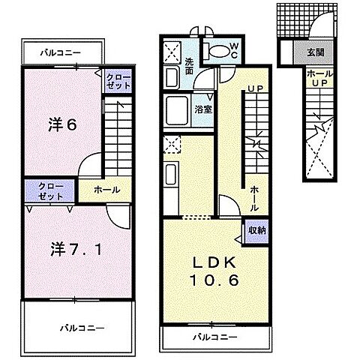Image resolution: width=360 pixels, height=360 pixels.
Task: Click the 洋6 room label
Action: coord(62,125)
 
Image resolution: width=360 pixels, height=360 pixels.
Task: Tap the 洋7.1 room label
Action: coord(76,249)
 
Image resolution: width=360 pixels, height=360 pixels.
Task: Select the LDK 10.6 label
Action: coord(214,271)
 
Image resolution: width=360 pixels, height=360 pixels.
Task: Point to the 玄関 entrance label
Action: coord(316,52)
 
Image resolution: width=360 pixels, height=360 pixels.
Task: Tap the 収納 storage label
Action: coord(256,230)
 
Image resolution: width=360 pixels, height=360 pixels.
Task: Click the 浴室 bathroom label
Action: coord(203,109)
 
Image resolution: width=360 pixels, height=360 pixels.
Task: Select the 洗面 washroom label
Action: coord(189,66)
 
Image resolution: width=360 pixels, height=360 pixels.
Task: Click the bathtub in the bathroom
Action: coord(177,110)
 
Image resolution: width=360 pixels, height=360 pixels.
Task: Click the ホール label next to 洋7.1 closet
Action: coord(107,190)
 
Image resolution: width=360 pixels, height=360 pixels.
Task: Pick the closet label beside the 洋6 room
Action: coord(118,81)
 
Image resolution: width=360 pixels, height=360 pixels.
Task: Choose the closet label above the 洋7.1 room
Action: coord(51,191)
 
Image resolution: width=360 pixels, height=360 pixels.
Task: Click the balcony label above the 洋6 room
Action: coord(61,52)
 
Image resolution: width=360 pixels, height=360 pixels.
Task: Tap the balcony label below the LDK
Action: coord(214,337)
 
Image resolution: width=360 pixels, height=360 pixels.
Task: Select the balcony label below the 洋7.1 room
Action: coord(82,328)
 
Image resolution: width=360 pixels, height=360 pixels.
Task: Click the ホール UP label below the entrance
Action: coord(320,79)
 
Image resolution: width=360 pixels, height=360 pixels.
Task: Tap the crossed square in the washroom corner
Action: coord(172,53)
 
